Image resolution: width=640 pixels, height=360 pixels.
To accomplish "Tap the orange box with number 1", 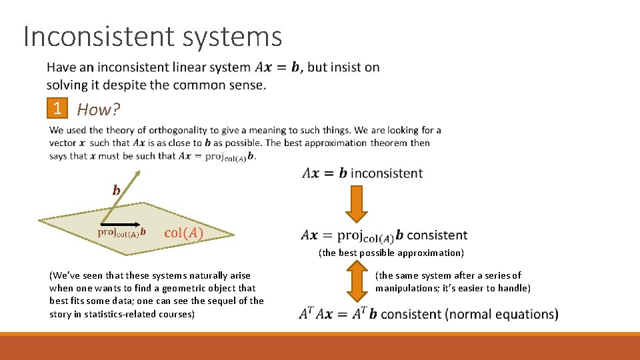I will click(58, 109).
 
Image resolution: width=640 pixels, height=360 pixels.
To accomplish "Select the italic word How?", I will click(99, 109).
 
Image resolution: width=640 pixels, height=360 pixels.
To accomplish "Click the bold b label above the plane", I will click(117, 191).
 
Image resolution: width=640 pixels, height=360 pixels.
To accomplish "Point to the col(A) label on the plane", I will click(184, 233).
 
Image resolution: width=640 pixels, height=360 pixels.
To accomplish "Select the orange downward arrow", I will click(356, 203).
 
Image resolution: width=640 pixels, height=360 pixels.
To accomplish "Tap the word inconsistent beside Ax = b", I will click(387, 173).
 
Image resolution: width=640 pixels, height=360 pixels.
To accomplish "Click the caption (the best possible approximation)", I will click(391, 253).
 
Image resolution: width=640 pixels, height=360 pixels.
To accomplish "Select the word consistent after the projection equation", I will click(437, 235).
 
